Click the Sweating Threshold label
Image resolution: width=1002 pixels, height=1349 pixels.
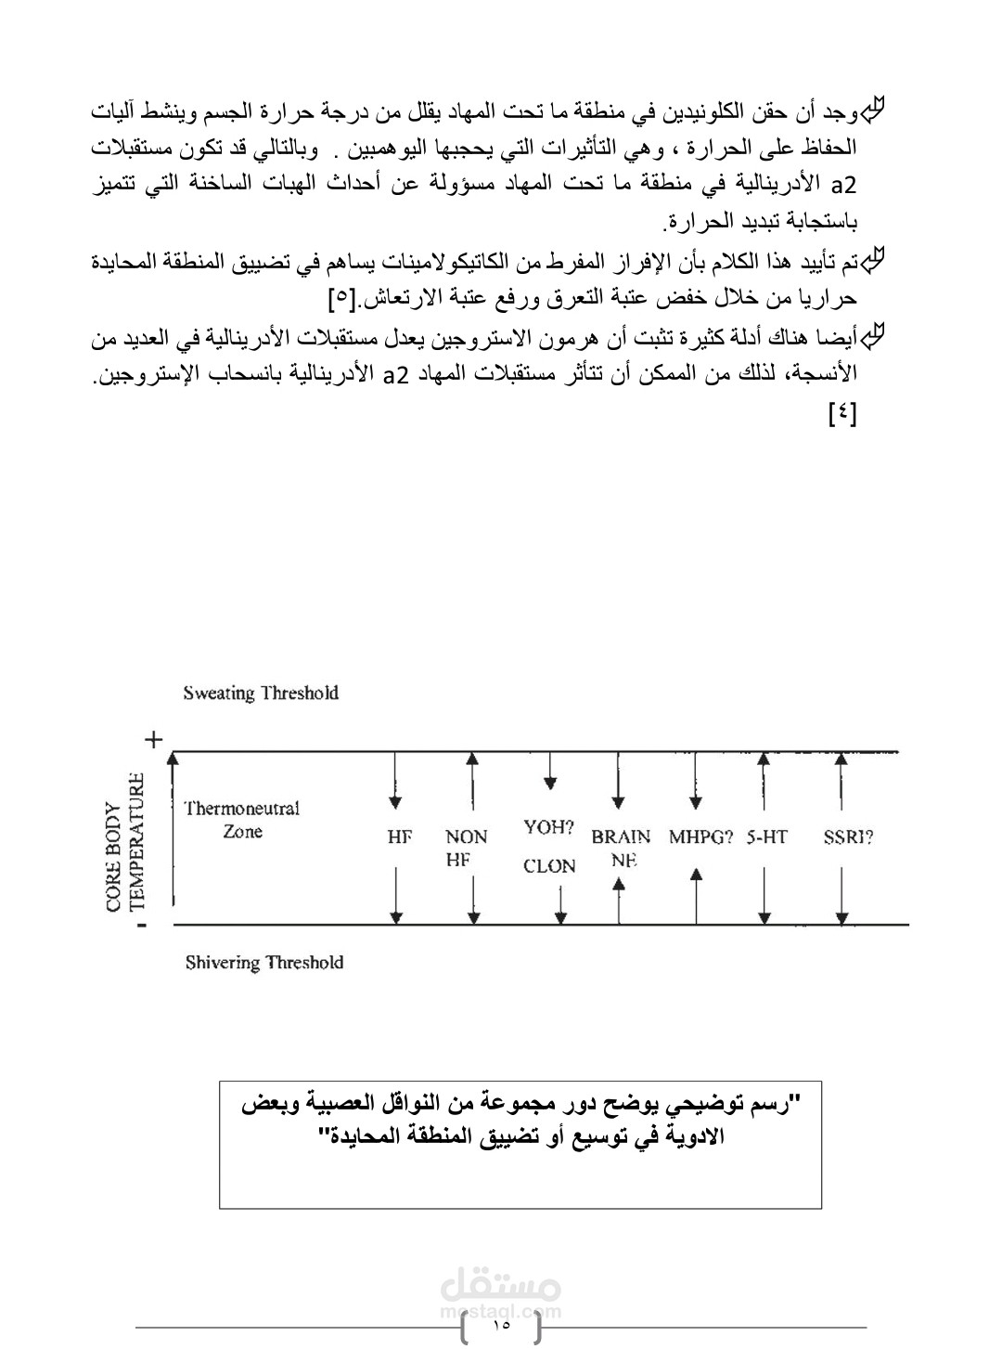(x=261, y=694)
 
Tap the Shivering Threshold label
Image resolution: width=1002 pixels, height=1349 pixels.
(x=264, y=963)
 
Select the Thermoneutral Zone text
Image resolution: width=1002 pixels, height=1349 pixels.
(x=242, y=820)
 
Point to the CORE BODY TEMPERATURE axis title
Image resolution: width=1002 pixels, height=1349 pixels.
(x=124, y=842)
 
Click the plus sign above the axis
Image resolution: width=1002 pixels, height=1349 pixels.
(x=153, y=739)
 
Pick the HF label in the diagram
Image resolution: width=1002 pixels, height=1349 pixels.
(x=400, y=837)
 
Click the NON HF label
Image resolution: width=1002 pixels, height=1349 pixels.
(x=466, y=848)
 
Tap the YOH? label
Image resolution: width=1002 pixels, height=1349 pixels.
(x=549, y=827)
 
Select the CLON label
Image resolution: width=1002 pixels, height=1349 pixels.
(x=549, y=866)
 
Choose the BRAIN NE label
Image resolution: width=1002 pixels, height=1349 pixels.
(x=621, y=848)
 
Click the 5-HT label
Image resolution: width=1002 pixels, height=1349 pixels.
(x=766, y=837)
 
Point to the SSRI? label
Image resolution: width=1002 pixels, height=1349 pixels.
(x=848, y=837)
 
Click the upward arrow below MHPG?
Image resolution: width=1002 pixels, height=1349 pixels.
(x=697, y=895)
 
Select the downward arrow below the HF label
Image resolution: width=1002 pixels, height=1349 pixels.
(x=396, y=895)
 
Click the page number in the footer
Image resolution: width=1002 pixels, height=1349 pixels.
(x=502, y=1325)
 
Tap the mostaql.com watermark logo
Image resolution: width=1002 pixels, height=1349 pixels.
(x=499, y=1293)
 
